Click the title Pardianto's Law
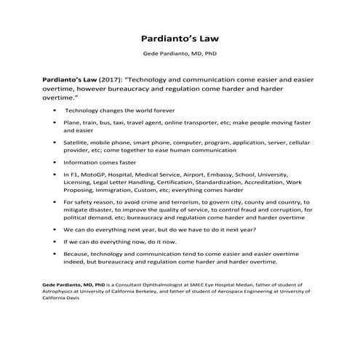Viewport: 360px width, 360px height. coord(180,38)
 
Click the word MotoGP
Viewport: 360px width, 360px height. coord(95,175)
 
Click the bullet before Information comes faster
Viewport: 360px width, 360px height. coord(56,164)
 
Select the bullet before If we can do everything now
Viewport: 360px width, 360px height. coord(56,241)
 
